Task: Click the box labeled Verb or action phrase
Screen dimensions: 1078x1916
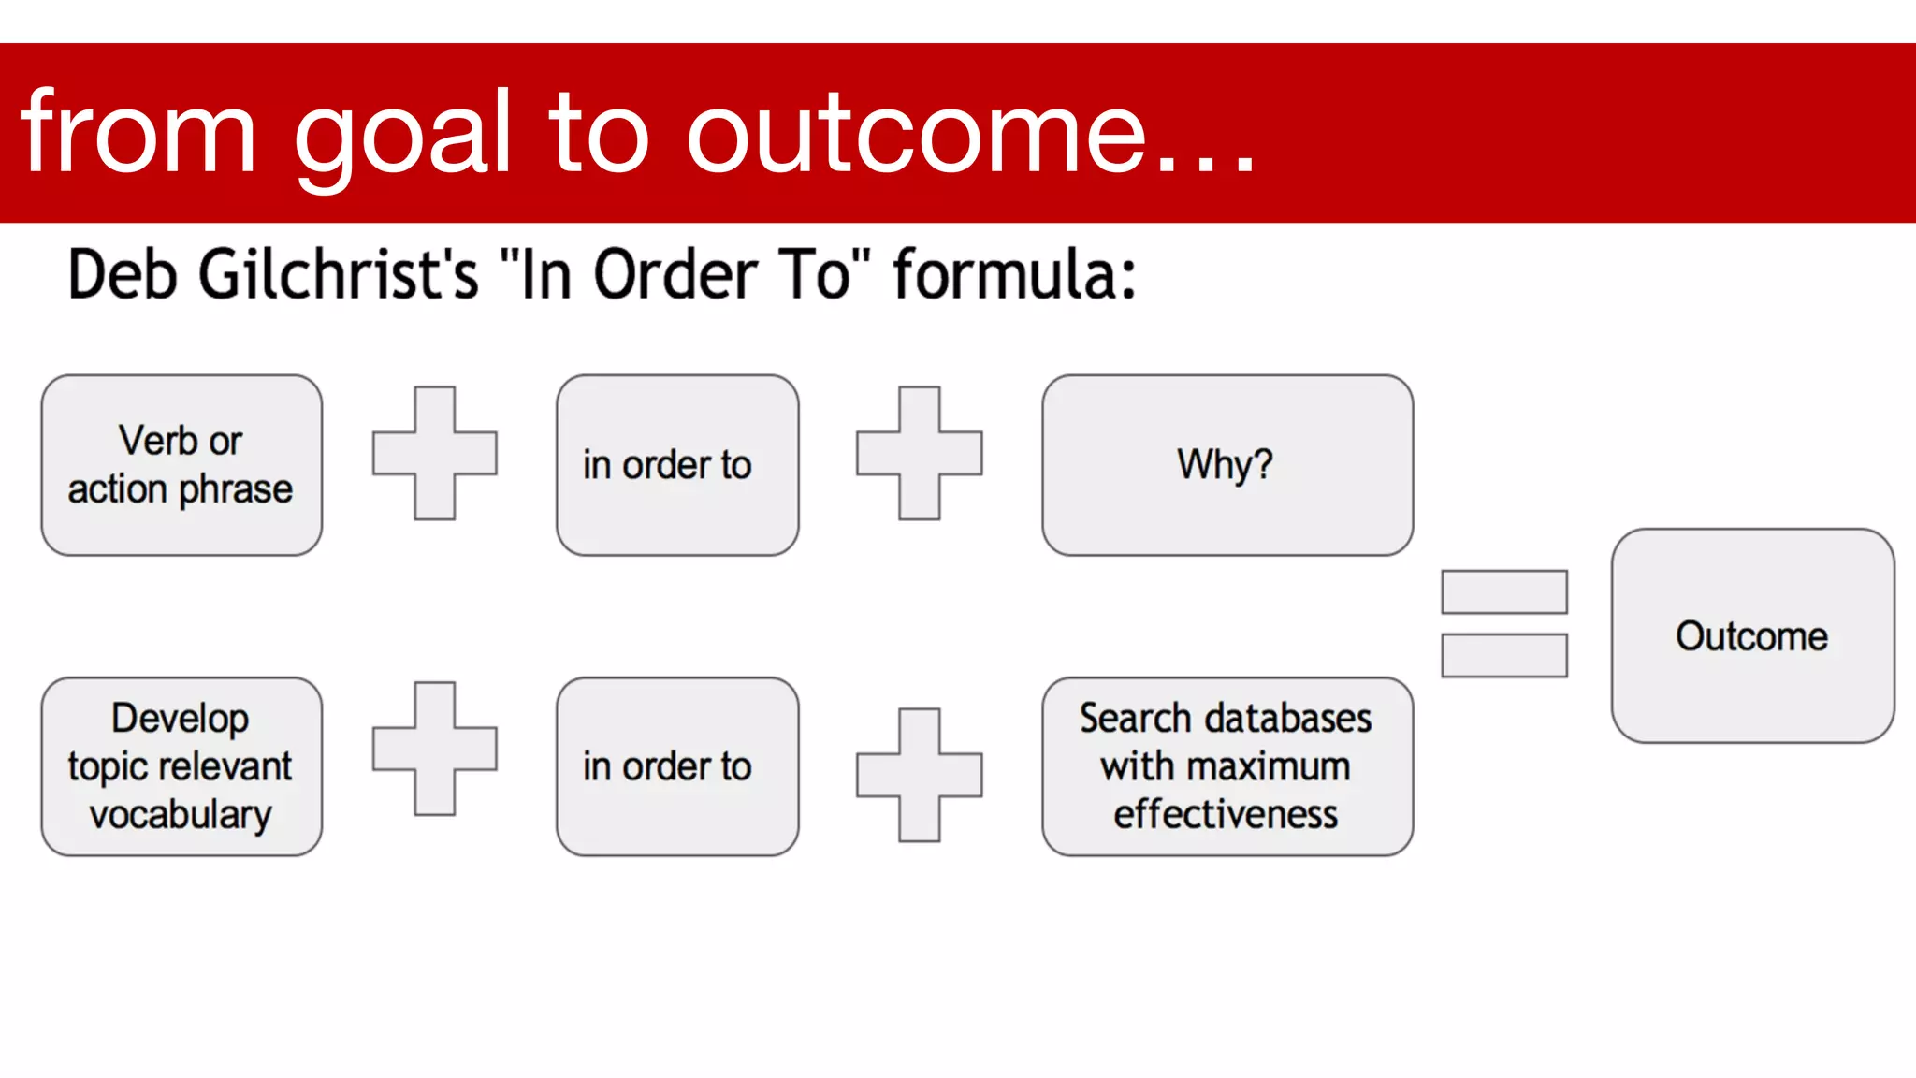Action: coord(181,465)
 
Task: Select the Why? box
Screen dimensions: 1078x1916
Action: coord(1227,465)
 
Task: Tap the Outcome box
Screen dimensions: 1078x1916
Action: coord(1751,635)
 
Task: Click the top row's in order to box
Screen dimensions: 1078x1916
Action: coord(676,465)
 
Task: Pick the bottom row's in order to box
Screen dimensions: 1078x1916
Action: coord(676,766)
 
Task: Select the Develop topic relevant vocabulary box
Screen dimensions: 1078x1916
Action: coord(181,766)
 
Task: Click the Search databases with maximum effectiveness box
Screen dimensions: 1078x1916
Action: coord(1227,766)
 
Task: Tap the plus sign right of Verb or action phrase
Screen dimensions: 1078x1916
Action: coord(434,453)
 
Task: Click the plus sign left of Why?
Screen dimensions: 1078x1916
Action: coord(919,453)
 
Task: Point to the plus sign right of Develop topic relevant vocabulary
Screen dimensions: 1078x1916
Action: coord(434,749)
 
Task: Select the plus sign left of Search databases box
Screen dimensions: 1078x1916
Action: coord(919,775)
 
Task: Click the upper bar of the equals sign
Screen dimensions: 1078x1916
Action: coord(1503,592)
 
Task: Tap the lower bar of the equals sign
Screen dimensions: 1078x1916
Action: coord(1503,655)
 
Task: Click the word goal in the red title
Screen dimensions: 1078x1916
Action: coord(403,136)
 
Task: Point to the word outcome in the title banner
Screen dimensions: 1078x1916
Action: coord(917,136)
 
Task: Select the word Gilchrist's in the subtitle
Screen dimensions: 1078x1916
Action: coord(339,274)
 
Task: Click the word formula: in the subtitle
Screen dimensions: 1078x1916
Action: coord(1014,274)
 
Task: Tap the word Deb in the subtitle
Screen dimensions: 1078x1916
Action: coord(122,274)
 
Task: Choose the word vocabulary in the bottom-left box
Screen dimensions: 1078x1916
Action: coord(181,814)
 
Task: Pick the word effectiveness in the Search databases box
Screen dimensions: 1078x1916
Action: coord(1226,814)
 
